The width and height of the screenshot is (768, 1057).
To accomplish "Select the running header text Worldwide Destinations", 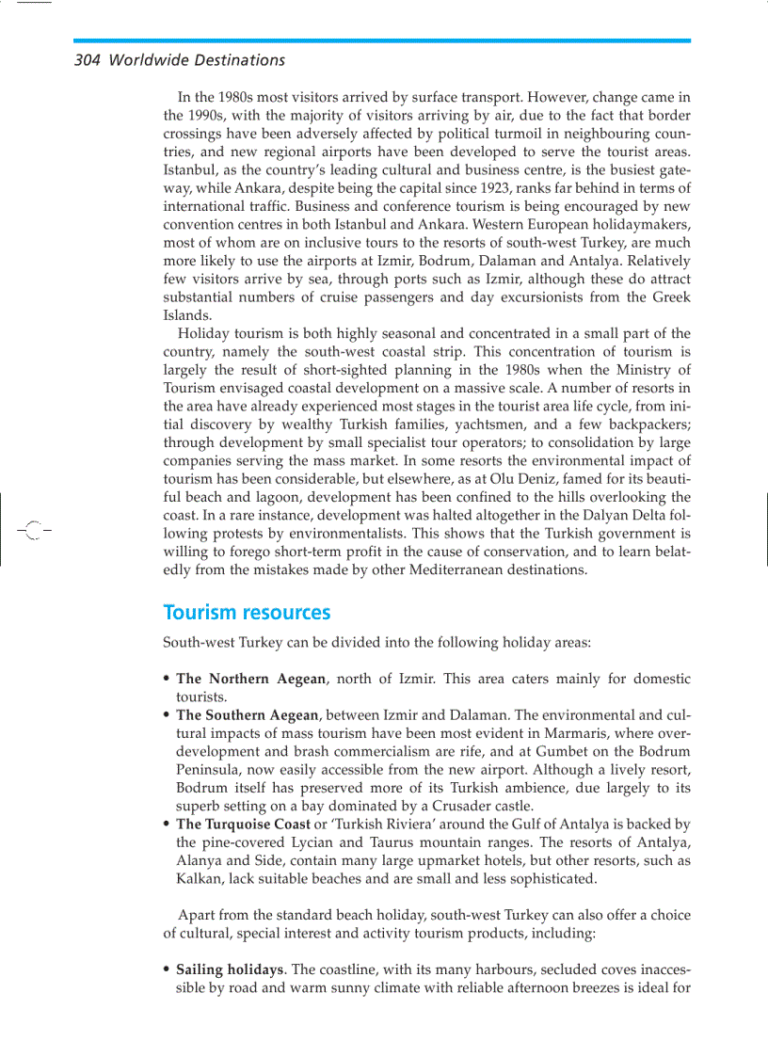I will pos(197,60).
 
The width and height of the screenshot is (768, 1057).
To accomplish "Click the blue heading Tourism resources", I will pos(247,613).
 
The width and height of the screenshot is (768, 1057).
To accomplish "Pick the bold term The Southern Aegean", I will pos(248,715).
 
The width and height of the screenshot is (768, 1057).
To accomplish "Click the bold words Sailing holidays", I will pos(230,969).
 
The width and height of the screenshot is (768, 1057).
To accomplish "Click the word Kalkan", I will pos(199,878).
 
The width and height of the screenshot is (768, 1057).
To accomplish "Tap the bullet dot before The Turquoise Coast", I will pos(168,825).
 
